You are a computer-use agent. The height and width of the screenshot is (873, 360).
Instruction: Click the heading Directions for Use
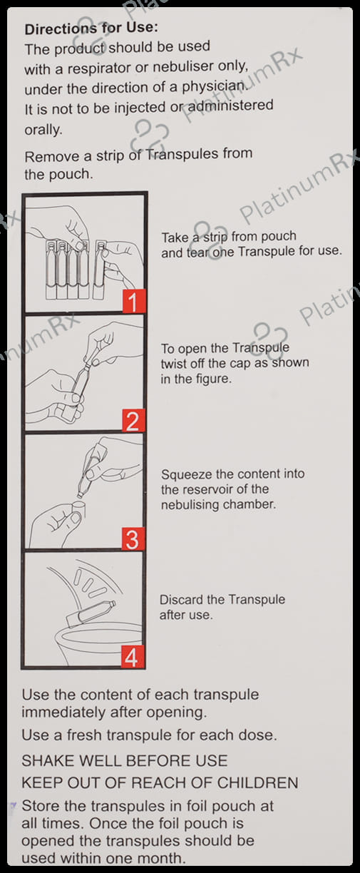coord(91,28)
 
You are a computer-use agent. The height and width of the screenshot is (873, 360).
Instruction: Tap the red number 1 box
coord(134,300)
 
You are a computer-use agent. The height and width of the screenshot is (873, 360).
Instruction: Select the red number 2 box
coord(133,420)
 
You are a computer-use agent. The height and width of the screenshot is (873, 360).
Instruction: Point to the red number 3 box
coord(133,538)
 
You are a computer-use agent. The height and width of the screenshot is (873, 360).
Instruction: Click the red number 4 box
coord(132,658)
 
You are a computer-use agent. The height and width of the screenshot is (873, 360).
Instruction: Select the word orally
coord(43,129)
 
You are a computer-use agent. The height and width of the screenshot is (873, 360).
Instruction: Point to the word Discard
coord(180,599)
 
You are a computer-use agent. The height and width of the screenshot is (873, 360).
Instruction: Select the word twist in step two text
coord(173,363)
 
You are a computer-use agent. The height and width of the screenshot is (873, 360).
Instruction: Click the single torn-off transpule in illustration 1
coord(100,270)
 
